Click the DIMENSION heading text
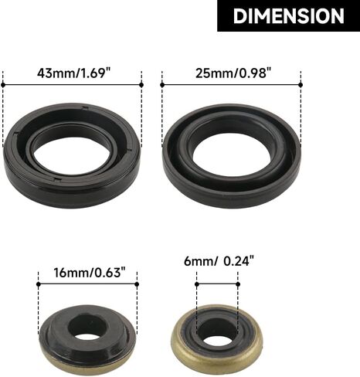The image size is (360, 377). click(x=288, y=16)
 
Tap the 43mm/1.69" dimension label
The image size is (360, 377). click(x=73, y=73)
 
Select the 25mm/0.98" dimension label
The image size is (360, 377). click(x=234, y=73)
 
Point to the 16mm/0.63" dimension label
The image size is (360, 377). click(x=90, y=273)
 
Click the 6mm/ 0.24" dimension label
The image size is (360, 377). click(x=219, y=261)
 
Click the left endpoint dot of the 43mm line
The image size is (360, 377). click(x=3, y=85)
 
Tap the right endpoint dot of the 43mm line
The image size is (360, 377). click(x=141, y=85)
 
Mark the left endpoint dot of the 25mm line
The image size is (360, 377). click(x=162, y=85)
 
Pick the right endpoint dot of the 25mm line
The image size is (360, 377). click(x=301, y=85)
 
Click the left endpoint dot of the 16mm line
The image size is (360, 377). click(x=39, y=284)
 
